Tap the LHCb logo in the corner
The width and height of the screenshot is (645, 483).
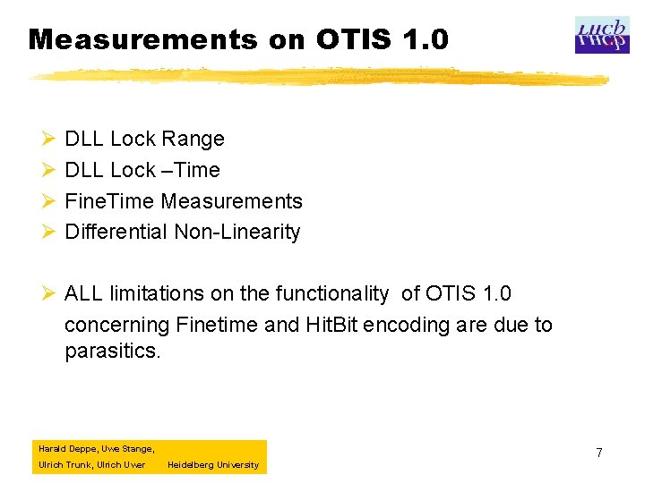602,35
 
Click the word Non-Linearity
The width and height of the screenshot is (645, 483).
237,233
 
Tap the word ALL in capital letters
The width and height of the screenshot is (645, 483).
84,294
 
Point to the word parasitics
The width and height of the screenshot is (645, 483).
113,352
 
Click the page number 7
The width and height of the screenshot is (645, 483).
599,453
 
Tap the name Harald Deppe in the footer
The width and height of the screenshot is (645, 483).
64,449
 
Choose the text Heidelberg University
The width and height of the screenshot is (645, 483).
212,465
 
